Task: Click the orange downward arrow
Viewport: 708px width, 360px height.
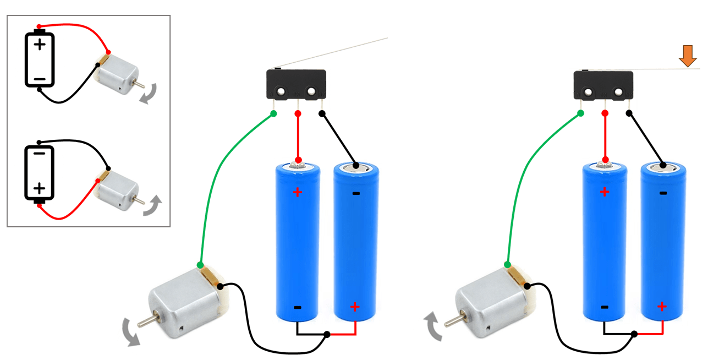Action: (686, 56)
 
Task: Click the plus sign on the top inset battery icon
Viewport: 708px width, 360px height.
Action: (39, 44)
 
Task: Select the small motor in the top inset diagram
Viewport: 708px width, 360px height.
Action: (117, 75)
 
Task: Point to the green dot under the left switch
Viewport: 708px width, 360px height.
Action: (273, 114)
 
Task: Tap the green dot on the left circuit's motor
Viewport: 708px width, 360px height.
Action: (201, 265)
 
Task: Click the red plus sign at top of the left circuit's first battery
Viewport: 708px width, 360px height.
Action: (298, 192)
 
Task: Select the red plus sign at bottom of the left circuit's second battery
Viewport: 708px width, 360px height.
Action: (355, 307)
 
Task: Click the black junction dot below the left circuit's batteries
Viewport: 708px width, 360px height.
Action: (327, 334)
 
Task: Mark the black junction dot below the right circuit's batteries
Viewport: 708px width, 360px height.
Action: (634, 334)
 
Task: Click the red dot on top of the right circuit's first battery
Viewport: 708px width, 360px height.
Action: (605, 160)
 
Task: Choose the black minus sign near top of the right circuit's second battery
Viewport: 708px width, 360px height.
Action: (663, 193)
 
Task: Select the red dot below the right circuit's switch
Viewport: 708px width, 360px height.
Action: (605, 113)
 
